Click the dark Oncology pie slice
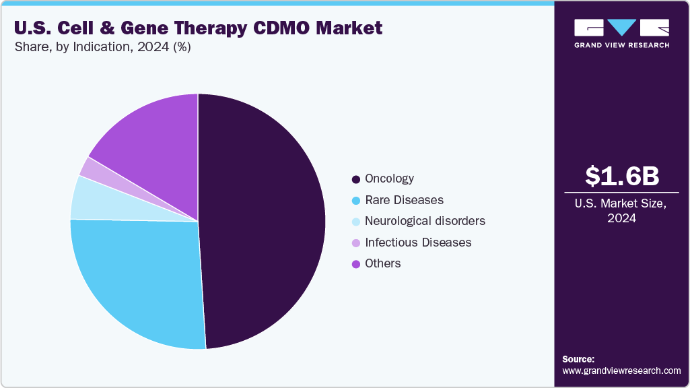(263, 222)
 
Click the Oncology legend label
(389, 179)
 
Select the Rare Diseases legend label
(404, 200)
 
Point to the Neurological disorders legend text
(424, 221)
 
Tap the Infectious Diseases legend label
(417, 242)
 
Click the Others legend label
(382, 263)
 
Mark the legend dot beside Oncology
(355, 180)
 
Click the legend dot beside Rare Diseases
(355, 201)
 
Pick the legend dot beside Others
(355, 264)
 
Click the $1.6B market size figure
(621, 176)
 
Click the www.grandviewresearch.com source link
(621, 370)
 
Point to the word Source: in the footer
(578, 359)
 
